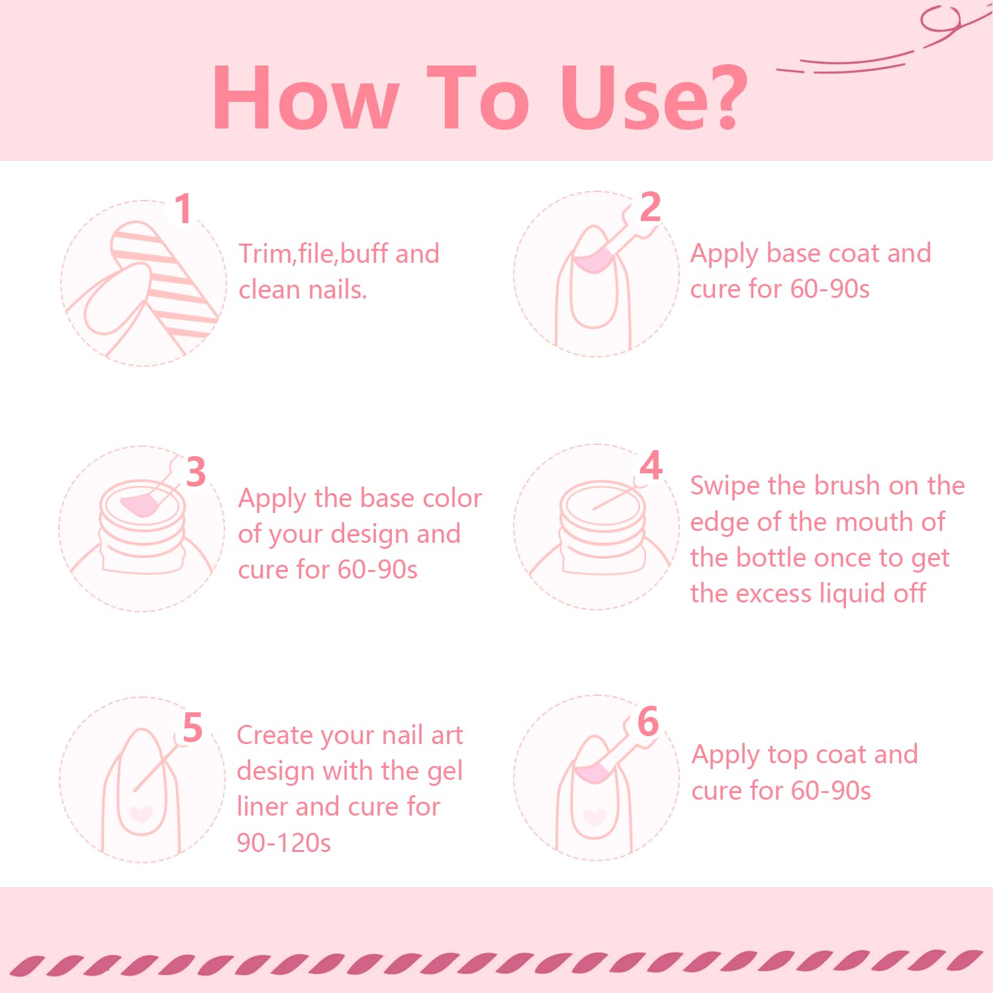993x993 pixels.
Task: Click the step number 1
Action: pos(183,209)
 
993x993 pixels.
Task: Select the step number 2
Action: pos(650,207)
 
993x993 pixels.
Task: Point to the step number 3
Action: pos(195,472)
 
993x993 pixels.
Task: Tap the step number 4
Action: pos(651,465)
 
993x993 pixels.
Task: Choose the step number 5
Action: pos(192,728)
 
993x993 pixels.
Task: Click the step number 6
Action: pos(648,722)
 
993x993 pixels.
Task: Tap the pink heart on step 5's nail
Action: pos(140,813)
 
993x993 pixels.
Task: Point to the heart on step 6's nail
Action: pos(594,817)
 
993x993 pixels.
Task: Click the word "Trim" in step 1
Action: pos(265,254)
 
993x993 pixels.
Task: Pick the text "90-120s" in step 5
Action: pos(283,843)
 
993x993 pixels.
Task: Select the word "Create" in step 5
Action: pos(274,735)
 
